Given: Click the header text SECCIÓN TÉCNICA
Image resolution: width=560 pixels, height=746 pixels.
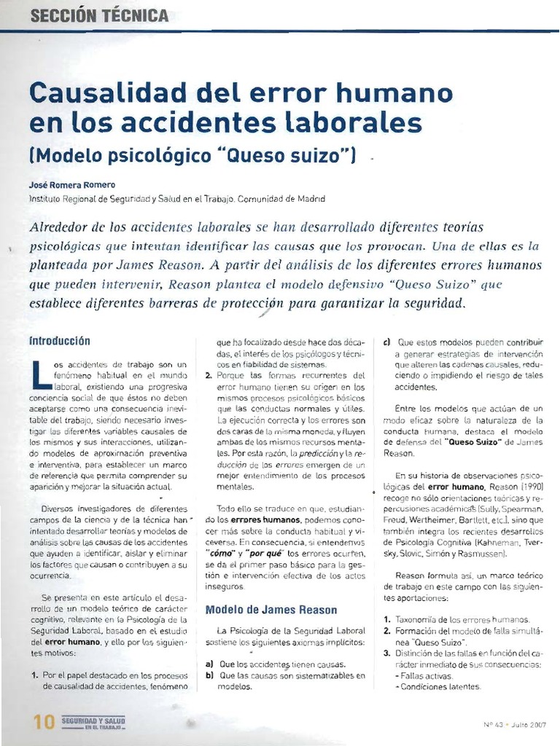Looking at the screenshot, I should tap(100, 15).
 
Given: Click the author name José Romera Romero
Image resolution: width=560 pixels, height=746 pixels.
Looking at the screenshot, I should tap(71, 185).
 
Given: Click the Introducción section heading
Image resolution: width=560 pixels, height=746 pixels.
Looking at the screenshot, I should tap(59, 340).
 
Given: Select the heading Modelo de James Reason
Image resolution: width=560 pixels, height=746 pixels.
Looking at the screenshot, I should tap(271, 610).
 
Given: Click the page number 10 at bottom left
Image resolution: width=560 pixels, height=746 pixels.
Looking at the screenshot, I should tap(44, 721).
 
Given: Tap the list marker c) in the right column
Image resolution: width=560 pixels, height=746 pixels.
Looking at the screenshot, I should tap(386, 340).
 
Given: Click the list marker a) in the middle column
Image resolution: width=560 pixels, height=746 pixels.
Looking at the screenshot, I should tap(209, 664).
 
